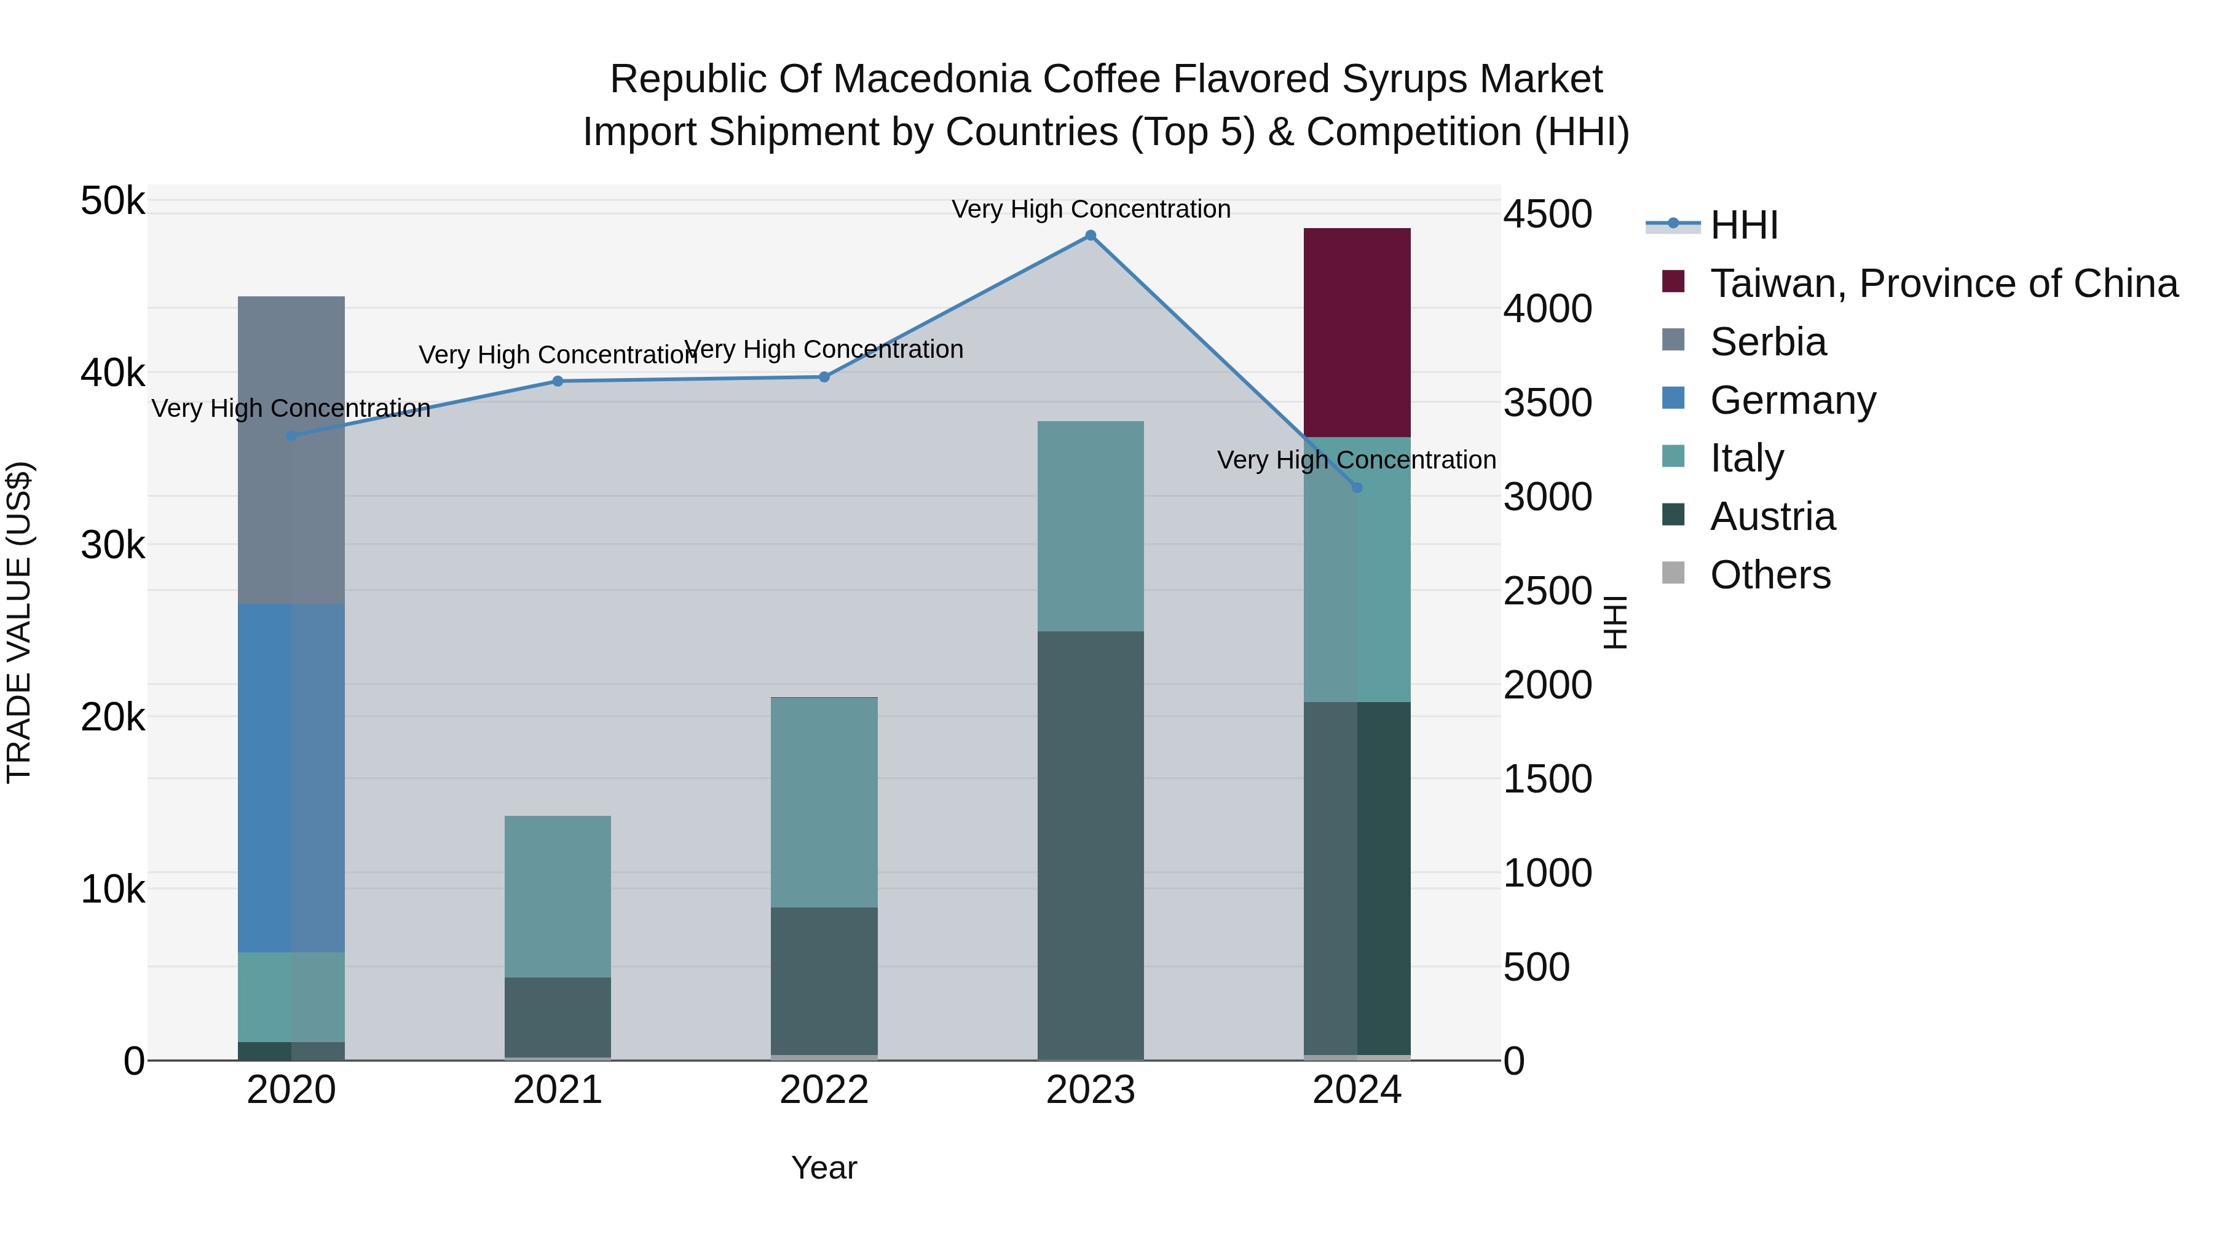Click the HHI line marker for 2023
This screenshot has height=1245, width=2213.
1090,235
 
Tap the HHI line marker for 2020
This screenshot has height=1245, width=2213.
291,436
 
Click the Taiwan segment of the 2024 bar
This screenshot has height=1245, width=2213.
1357,333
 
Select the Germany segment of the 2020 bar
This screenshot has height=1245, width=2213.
291,778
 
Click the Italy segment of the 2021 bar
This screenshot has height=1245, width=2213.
558,896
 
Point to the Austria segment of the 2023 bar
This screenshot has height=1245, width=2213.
1090,845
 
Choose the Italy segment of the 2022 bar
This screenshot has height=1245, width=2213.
824,802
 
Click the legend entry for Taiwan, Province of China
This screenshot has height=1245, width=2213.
1943,283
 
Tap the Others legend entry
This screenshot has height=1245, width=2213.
1770,575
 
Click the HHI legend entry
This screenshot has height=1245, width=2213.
1743,225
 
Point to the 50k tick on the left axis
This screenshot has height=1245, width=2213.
112,202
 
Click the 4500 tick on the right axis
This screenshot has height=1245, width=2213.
1547,214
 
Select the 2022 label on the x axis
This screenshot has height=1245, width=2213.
824,1090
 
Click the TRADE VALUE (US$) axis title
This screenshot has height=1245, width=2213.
19,622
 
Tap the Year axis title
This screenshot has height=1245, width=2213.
824,1168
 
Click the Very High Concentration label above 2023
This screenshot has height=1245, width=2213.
1090,209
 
